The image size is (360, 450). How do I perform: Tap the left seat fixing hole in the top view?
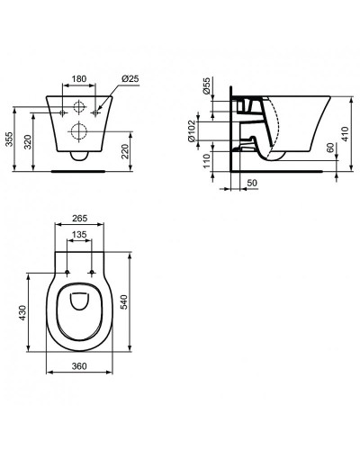pos(67,272)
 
